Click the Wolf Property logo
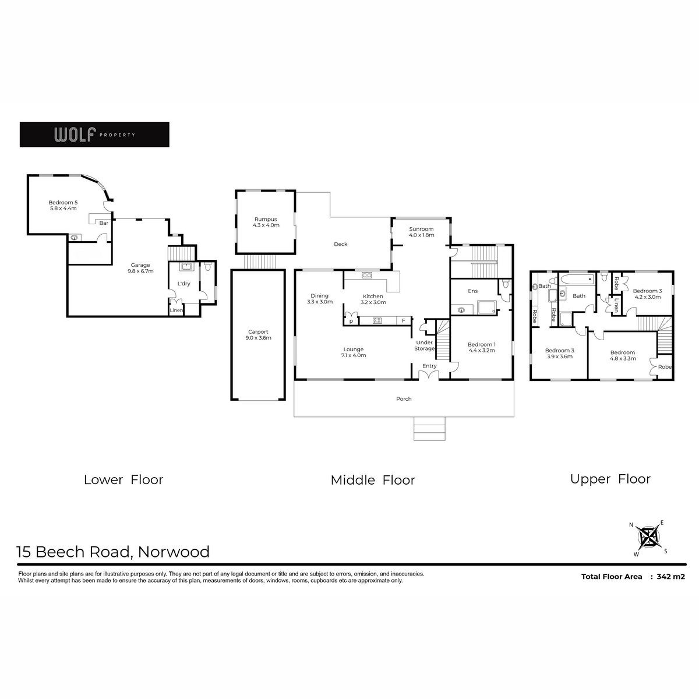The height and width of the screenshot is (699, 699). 94,134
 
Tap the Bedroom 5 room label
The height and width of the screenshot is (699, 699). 63,205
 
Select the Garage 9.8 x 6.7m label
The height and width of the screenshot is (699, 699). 140,268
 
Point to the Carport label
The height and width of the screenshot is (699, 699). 258,334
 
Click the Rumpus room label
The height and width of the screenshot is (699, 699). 266,222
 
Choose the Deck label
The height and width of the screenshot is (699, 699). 341,244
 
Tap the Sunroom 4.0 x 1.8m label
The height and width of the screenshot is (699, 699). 422,232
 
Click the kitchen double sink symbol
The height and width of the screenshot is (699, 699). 367,276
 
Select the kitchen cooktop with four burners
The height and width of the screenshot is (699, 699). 377,320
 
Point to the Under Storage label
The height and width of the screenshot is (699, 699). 425,345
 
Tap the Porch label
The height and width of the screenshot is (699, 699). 404,398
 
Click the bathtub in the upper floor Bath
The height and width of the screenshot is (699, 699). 577,280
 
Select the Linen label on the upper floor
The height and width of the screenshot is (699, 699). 616,305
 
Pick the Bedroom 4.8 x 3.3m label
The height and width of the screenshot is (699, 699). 623,355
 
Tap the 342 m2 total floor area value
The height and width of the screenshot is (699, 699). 670,577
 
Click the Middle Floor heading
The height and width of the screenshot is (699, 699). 373,480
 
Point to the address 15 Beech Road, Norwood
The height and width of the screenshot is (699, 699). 113,552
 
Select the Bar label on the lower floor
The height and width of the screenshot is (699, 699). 104,223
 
